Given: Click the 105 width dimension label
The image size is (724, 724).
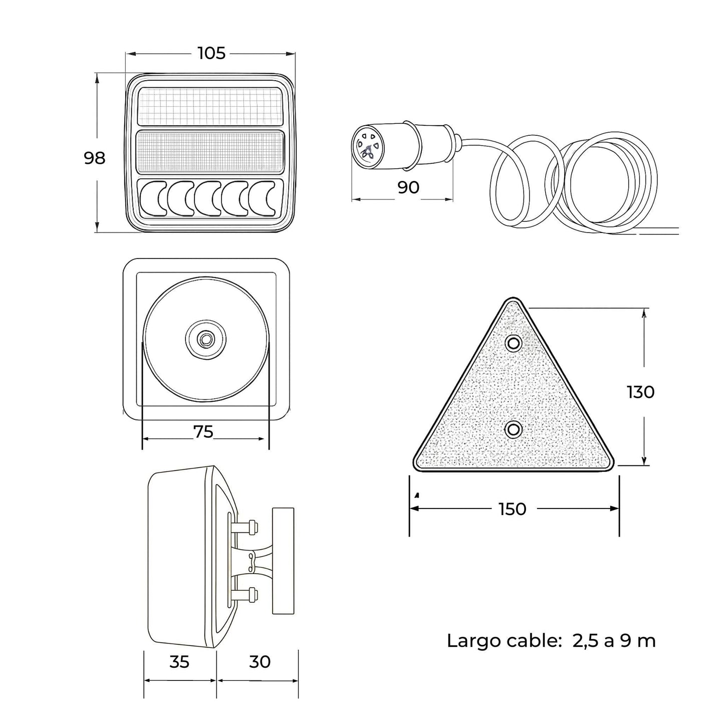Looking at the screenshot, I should (x=211, y=53).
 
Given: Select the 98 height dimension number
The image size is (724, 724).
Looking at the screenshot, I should (x=94, y=158).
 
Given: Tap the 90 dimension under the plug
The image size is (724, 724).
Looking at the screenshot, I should (x=408, y=187).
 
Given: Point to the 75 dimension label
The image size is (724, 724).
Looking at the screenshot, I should (x=203, y=431).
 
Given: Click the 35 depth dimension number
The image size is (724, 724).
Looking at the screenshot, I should (x=179, y=662).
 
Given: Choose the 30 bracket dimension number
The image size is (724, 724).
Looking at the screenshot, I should (x=260, y=662).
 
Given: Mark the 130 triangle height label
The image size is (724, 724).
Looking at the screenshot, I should (x=640, y=392).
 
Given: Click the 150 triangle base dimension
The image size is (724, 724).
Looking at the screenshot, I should (x=513, y=509).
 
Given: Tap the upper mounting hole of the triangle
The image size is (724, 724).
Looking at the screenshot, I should (x=513, y=343).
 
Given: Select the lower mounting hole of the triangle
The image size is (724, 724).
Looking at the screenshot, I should (x=513, y=429).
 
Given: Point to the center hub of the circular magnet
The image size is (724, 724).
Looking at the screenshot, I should (x=204, y=340).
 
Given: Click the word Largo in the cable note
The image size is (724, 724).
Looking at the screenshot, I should (x=471, y=641).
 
